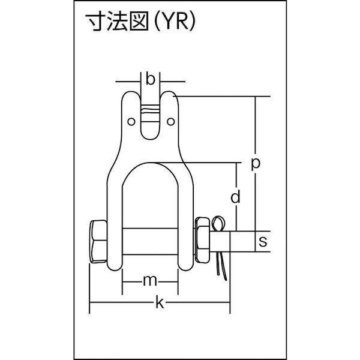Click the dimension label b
(151, 79)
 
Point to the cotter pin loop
(221, 224)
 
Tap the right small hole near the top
(172, 122)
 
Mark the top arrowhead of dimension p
(256, 99)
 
